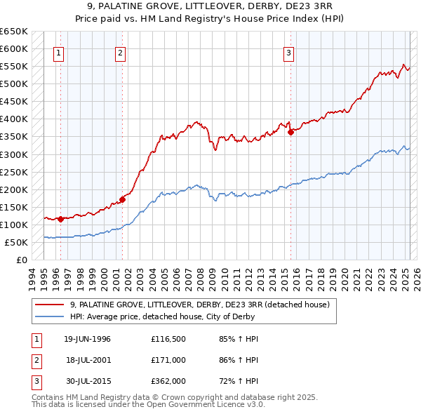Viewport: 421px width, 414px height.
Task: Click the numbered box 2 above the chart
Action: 121,52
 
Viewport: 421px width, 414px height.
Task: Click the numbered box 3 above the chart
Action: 288,52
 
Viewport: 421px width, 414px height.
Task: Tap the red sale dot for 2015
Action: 290,132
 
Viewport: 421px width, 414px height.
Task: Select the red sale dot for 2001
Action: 122,199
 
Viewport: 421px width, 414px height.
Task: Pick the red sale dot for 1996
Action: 60,219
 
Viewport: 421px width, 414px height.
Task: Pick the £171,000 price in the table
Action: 168,360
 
